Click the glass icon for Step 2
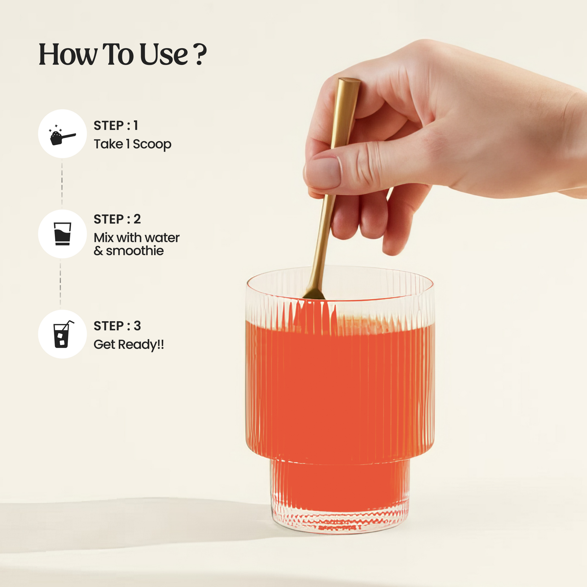(62, 234)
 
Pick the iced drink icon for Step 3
(63, 334)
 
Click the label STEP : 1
(116, 125)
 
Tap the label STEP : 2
(117, 219)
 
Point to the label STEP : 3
(117, 326)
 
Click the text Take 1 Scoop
(132, 144)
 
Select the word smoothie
(135, 251)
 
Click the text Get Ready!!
(129, 345)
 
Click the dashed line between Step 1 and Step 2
(62, 183)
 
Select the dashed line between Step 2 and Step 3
(60, 284)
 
